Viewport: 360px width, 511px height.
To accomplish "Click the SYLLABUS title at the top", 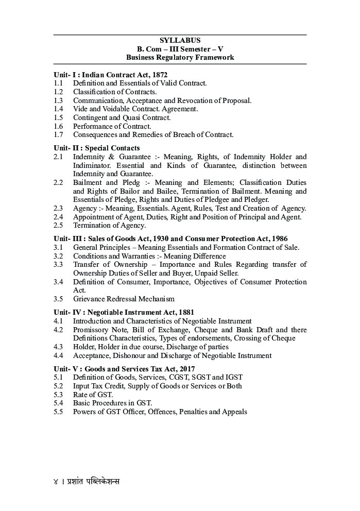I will coord(180,40).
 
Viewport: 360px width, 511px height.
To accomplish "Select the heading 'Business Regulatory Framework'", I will coord(180,57).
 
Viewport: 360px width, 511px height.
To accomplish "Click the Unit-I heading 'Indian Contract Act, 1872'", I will coord(110,75).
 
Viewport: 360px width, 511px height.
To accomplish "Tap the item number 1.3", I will coord(58,100).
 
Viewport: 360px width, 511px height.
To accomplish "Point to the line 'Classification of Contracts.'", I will coord(115,92).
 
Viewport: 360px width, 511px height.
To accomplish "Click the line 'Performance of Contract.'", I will coord(112,126).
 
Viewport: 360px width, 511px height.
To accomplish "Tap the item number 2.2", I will coord(58,183).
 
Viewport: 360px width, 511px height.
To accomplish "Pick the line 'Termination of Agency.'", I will coord(109,225).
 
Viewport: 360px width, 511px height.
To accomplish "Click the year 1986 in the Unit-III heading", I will coord(279,239).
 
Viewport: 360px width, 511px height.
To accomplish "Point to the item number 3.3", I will coord(58,264).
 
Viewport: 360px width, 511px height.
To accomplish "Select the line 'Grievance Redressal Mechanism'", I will coord(124,299).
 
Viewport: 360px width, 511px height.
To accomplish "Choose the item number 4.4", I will coord(58,355).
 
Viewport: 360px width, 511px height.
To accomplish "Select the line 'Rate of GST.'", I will coord(93,395).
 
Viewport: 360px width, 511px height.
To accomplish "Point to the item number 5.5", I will coord(58,412).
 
